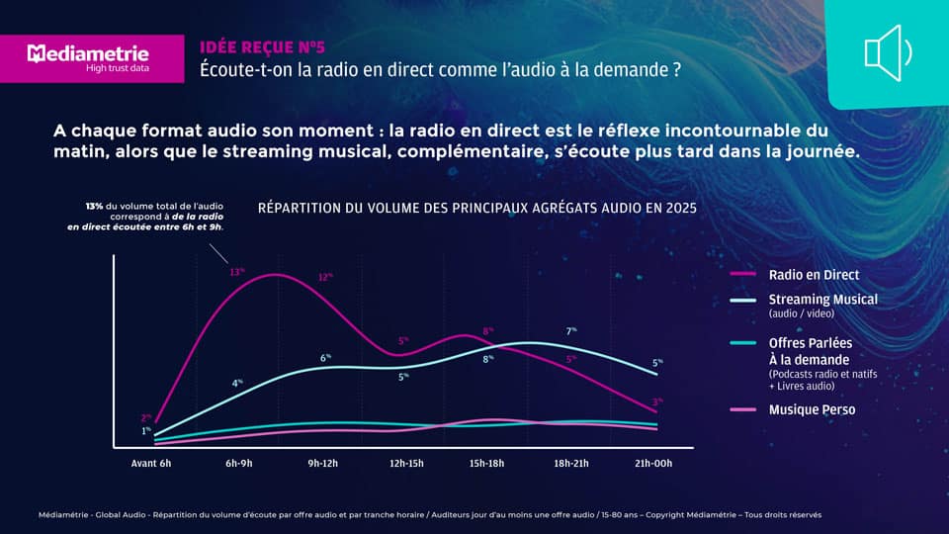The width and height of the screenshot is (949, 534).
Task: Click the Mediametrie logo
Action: [88, 57]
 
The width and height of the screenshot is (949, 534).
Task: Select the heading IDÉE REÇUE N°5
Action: [262, 46]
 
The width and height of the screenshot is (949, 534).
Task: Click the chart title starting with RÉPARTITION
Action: [476, 208]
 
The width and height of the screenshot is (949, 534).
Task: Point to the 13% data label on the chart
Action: [237, 271]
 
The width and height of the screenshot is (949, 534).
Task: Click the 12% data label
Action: [324, 277]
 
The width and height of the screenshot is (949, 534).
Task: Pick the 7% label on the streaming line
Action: [571, 331]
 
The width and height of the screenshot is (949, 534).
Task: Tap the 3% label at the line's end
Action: [656, 401]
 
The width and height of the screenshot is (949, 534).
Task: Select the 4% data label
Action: [237, 383]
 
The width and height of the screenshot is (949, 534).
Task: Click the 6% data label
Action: [325, 357]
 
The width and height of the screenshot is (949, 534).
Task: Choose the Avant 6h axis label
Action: [151, 463]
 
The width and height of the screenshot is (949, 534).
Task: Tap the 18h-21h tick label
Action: [570, 463]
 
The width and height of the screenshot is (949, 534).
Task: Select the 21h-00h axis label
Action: [653, 463]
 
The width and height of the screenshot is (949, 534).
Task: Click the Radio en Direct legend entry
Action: [814, 274]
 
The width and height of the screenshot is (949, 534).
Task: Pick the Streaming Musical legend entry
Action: [822, 300]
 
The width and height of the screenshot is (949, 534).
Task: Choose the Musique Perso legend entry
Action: [812, 409]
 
